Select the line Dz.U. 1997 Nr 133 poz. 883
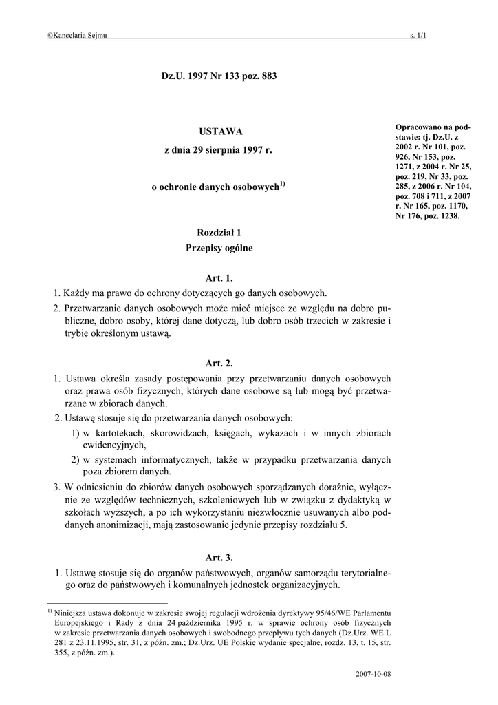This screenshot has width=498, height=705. click(x=219, y=78)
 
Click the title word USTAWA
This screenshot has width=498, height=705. click(x=220, y=131)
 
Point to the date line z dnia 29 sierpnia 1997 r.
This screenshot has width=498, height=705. click(x=219, y=150)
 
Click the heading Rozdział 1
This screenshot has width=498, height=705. click(x=219, y=235)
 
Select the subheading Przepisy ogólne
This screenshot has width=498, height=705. click(x=219, y=248)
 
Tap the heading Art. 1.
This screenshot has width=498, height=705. click(x=219, y=279)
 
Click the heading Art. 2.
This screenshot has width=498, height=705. click(x=219, y=363)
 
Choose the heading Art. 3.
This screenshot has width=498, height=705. click(x=219, y=557)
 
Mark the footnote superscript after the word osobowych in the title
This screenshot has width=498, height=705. click(x=282, y=184)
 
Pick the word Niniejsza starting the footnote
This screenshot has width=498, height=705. click(x=73, y=612)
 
